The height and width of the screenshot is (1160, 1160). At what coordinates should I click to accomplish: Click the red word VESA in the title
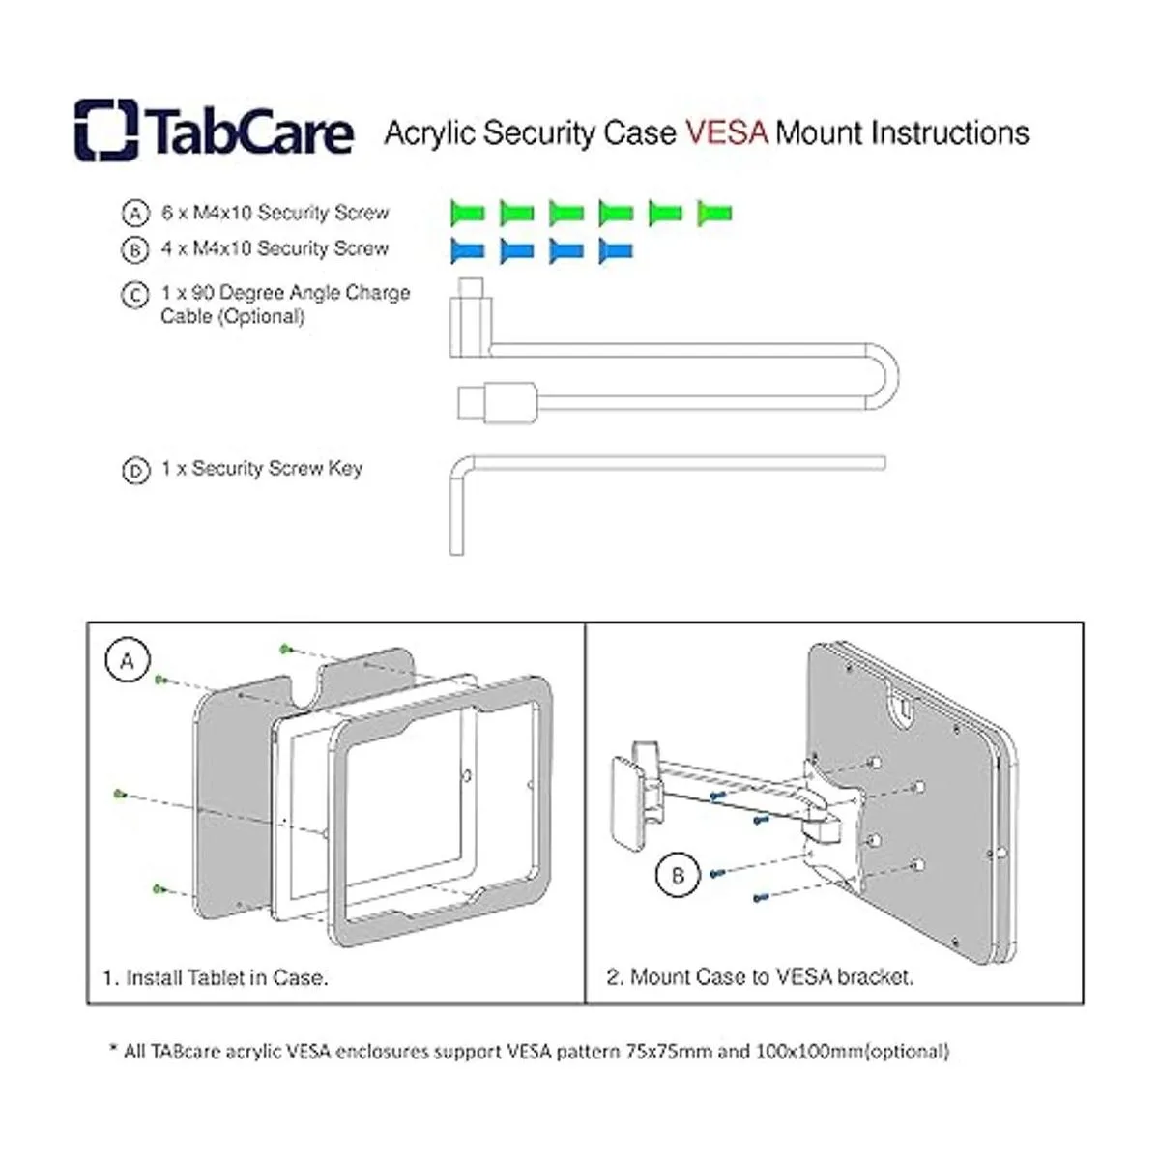click(x=727, y=133)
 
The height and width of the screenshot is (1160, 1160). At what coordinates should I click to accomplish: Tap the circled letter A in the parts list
click(x=135, y=214)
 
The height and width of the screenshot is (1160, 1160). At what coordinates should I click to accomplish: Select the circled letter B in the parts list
click(x=135, y=250)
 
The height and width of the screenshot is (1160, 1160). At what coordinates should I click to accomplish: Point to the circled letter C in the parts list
click(x=135, y=296)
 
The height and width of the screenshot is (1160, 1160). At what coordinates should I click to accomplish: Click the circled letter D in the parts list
click(x=135, y=471)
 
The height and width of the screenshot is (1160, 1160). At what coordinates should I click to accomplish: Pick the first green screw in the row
click(x=468, y=213)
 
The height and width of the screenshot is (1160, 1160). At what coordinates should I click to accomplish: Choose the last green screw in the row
click(x=714, y=213)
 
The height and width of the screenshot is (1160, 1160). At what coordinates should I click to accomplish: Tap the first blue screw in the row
click(x=468, y=250)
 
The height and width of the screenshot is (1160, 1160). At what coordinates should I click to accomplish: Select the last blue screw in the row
click(x=616, y=250)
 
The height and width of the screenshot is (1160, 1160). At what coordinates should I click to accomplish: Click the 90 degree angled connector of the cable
click(x=470, y=317)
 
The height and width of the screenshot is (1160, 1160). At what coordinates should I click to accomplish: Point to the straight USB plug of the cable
click(x=497, y=402)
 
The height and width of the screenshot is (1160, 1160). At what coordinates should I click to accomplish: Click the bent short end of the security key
click(x=457, y=518)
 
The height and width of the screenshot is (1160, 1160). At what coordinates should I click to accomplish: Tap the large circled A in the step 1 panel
click(x=128, y=661)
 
